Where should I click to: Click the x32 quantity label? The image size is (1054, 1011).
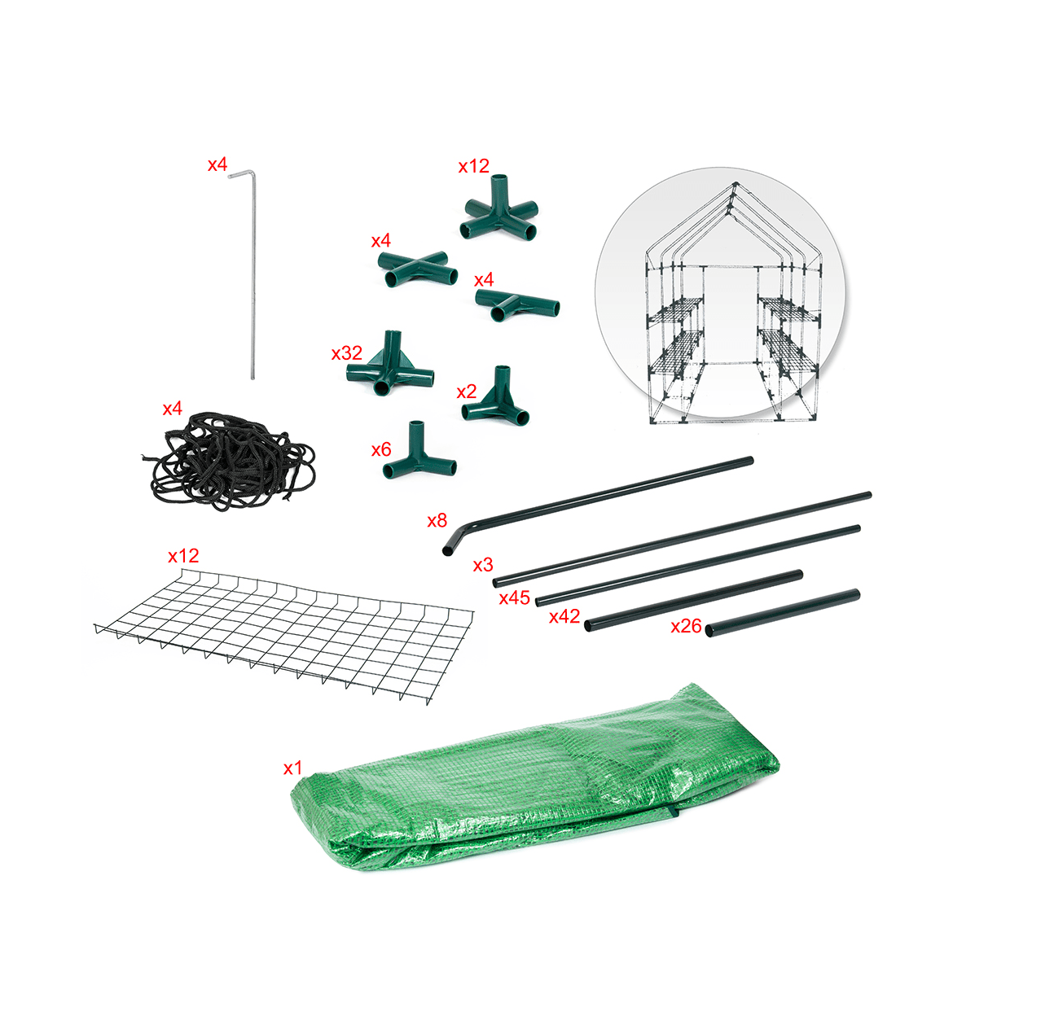point(347,353)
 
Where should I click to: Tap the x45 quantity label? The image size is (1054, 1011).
point(514,598)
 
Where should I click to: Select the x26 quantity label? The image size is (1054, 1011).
point(686,626)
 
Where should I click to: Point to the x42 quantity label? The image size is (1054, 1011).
point(564,616)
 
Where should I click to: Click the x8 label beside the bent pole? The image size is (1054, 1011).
point(437,521)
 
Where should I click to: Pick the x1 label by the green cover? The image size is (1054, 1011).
point(292,768)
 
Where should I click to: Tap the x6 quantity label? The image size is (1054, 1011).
point(380,449)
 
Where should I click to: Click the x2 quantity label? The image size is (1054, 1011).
point(467,392)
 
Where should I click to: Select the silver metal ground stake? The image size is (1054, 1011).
point(253,275)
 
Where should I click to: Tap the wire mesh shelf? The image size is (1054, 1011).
point(283,635)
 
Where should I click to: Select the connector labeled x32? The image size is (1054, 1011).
point(390,366)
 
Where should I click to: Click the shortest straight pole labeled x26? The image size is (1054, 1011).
point(783,613)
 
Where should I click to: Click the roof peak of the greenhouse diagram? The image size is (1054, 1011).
point(735,184)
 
